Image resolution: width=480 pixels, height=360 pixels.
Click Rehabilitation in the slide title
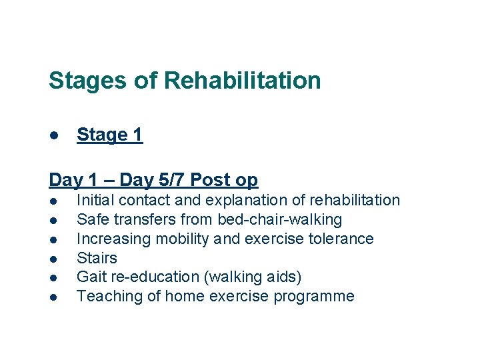pos(242,81)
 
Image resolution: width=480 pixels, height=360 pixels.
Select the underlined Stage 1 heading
pos(109,135)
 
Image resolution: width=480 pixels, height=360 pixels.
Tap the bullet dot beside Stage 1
pos(53,135)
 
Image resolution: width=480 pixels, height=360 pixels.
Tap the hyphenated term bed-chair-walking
pos(280,219)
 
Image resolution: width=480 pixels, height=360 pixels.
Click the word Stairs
pos(97,258)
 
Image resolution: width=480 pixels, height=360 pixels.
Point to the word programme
pos(317,297)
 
